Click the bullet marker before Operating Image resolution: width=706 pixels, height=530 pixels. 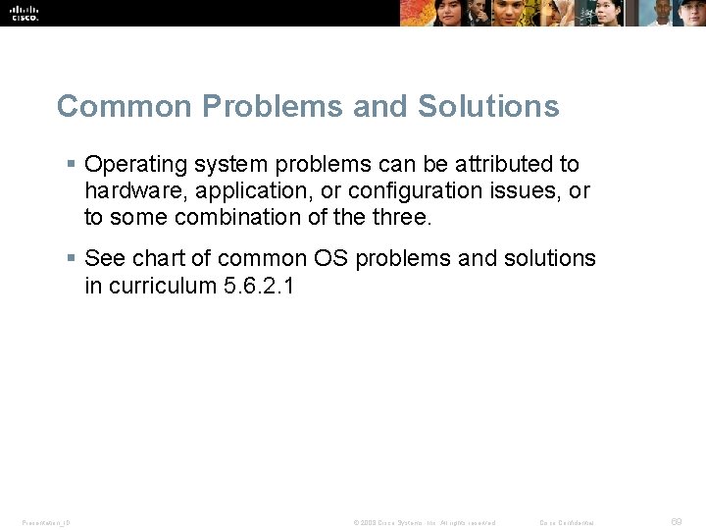71,164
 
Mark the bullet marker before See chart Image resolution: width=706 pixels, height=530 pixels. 71,258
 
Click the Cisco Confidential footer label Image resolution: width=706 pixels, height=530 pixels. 567,522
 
